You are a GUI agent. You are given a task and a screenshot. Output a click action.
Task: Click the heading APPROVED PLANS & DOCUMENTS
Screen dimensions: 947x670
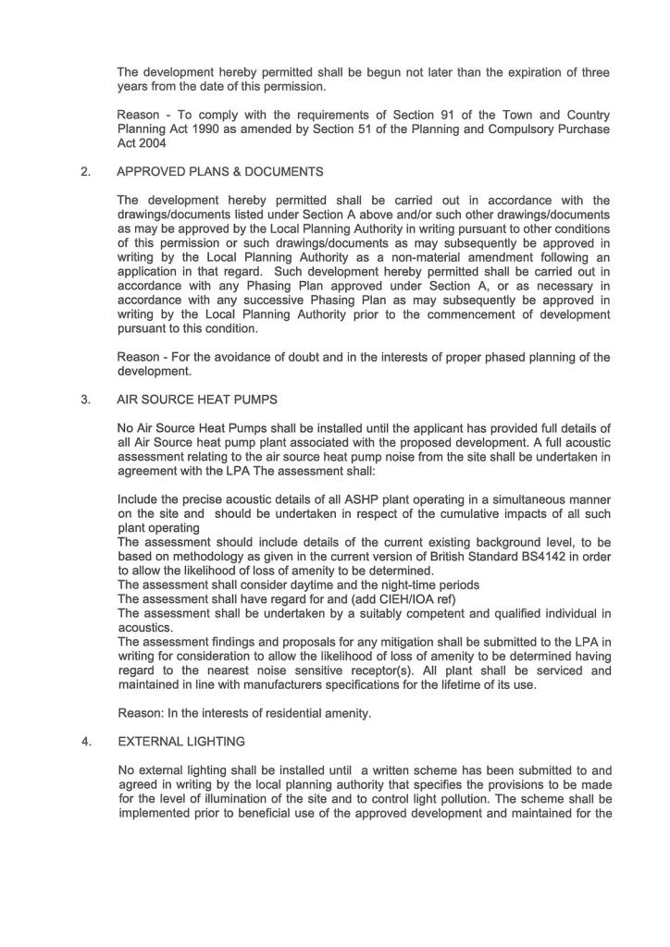pyautogui.click(x=220, y=171)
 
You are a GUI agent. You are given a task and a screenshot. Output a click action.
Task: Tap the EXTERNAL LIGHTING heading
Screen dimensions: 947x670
pyautogui.click(x=180, y=742)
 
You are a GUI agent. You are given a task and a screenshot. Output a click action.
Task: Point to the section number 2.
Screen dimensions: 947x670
pyautogui.click(x=85, y=171)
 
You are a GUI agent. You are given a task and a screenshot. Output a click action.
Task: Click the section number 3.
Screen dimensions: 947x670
pyautogui.click(x=85, y=400)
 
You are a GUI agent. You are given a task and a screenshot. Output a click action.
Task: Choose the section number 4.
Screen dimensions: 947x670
pyautogui.click(x=85, y=742)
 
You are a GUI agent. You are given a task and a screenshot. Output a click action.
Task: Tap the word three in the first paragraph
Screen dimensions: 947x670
pyautogui.click(x=594, y=72)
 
